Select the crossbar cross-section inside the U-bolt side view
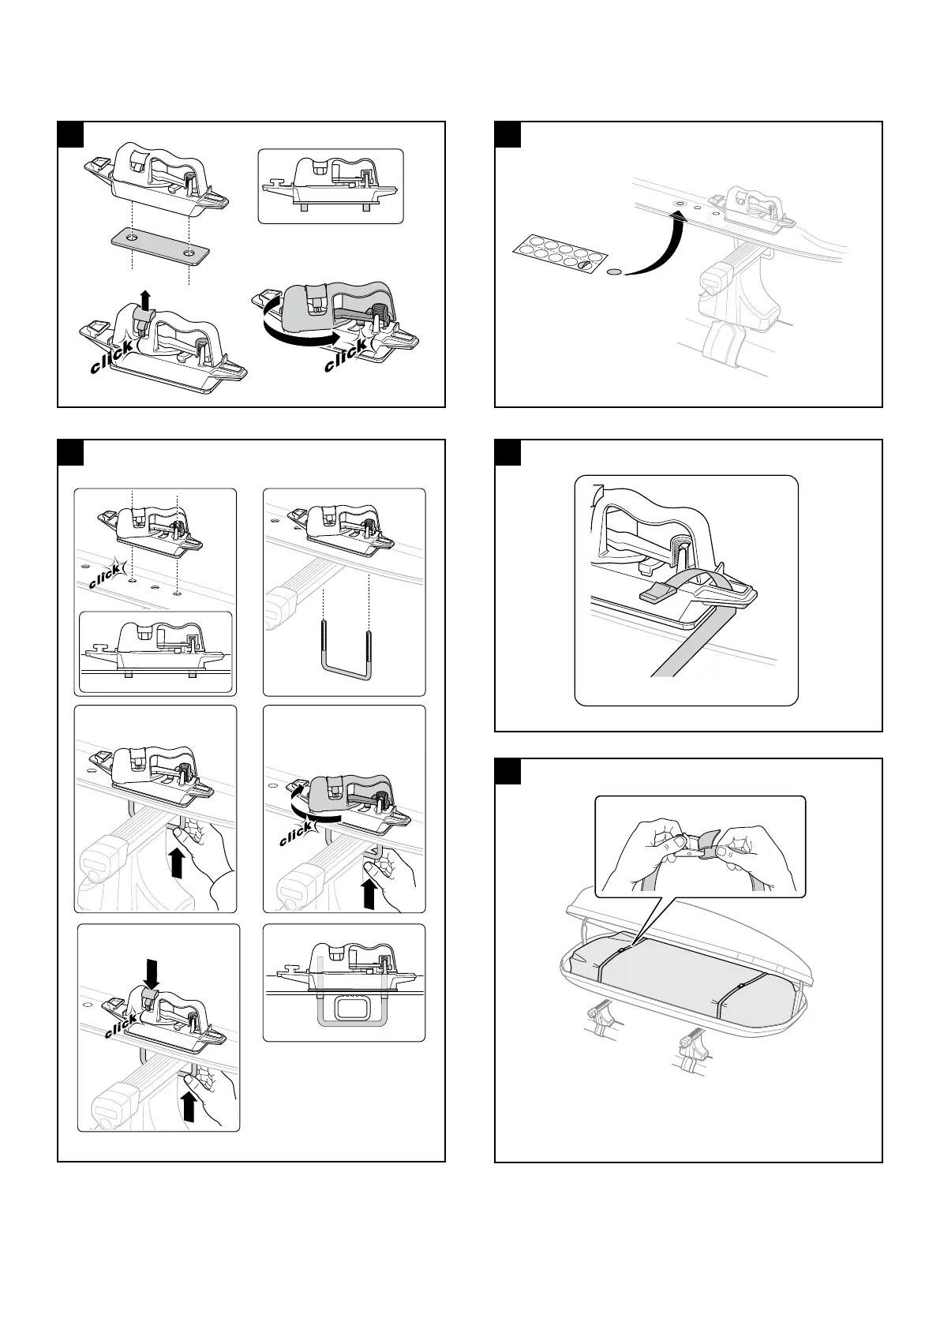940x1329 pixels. click(x=345, y=1007)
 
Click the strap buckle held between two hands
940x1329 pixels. click(x=700, y=847)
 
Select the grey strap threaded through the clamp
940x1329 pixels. click(x=695, y=623)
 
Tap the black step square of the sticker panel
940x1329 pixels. click(x=507, y=134)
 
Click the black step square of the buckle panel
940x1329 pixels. click(x=507, y=771)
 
